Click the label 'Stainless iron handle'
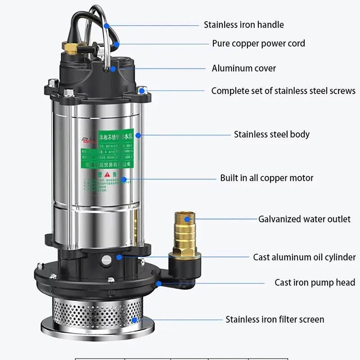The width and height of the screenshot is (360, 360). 243,25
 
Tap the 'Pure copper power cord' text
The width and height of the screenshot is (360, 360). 258,44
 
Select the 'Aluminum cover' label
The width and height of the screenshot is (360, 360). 243,68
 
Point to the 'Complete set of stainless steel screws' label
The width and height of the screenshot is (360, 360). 283,91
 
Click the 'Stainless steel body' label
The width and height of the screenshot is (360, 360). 271,134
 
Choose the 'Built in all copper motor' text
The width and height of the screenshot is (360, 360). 266,178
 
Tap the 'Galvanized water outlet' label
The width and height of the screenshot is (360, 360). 304,219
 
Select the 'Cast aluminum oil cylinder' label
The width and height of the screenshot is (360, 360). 304,257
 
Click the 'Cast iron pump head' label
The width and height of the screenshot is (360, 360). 315,283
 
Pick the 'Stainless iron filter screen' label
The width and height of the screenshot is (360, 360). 274,319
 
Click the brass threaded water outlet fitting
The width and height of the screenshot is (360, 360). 184,229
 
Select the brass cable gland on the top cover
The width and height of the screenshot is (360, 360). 70,46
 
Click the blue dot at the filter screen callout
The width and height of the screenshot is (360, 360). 135,320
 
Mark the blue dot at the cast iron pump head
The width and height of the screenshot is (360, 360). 159,283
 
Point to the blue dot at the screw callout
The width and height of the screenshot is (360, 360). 142,91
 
